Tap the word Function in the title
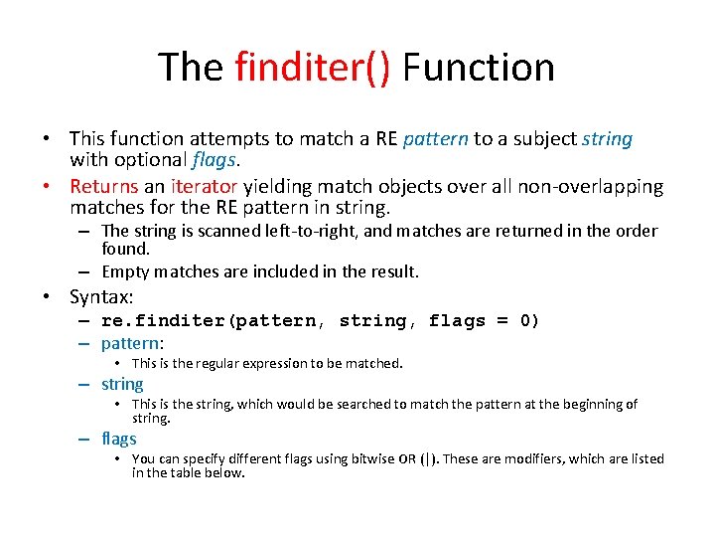coord(479,68)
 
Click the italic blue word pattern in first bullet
coord(436,138)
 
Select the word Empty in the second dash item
coord(125,271)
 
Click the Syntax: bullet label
coord(102,296)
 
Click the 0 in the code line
coord(529,320)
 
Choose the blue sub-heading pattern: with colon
coord(133,344)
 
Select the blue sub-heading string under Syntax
coord(122,384)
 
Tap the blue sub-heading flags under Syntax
coord(119,439)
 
